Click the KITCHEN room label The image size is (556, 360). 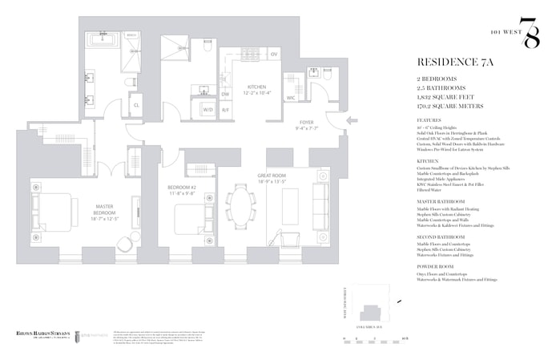[x=256, y=87]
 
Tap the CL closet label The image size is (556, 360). [x=135, y=104]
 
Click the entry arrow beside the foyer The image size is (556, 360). [x=349, y=123]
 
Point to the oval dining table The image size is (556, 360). [x=240, y=206]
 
